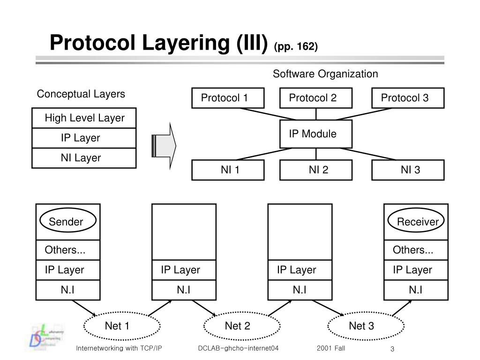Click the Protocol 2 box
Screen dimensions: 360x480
(x=315, y=98)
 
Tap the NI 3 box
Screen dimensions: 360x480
(x=407, y=170)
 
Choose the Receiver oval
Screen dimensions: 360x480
(x=416, y=221)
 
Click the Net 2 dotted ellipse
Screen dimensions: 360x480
(x=238, y=326)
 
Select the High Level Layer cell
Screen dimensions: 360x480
(x=84, y=118)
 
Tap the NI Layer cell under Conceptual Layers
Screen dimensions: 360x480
(x=84, y=158)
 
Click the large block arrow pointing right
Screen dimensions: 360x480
(x=164, y=146)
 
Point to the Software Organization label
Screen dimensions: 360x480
(x=325, y=74)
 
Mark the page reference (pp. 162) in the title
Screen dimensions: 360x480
(x=296, y=46)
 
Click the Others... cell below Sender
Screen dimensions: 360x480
(x=68, y=250)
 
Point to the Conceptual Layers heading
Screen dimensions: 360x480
(x=81, y=94)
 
